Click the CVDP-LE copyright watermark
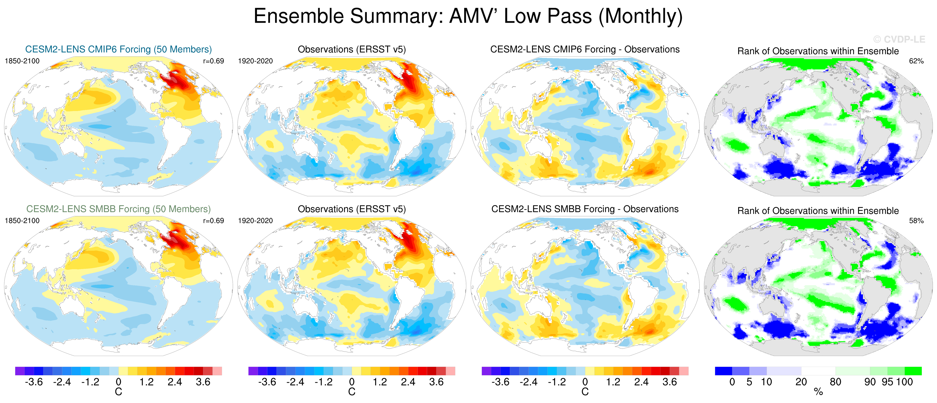pyautogui.click(x=899, y=39)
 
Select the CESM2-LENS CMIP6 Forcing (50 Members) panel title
pyautogui.click(x=118, y=49)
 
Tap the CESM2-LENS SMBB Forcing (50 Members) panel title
pyautogui.click(x=118, y=209)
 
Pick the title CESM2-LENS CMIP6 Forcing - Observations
pyautogui.click(x=585, y=49)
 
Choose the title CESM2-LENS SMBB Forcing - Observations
pyautogui.click(x=585, y=209)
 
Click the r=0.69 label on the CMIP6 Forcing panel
pyautogui.click(x=214, y=61)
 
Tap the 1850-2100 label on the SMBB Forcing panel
pyautogui.click(x=22, y=221)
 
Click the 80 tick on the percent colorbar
pyautogui.click(x=835, y=382)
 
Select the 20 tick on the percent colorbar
pyautogui.click(x=801, y=382)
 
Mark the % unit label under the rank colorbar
pyautogui.click(x=818, y=392)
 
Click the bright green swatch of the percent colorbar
pyautogui.click(x=913, y=371)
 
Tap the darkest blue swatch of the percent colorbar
pyautogui.click(x=723, y=371)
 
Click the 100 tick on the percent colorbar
pyautogui.click(x=904, y=382)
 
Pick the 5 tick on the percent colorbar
pyautogui.click(x=749, y=382)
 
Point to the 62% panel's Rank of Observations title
pyautogui.click(x=818, y=51)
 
